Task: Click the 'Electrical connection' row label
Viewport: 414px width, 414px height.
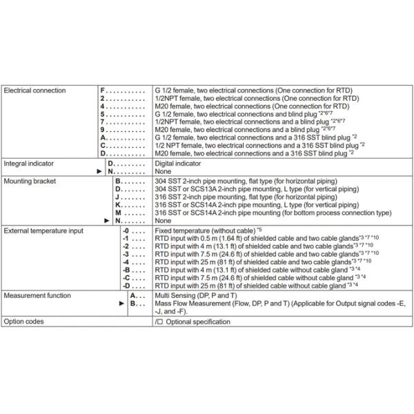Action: pyautogui.click(x=35, y=90)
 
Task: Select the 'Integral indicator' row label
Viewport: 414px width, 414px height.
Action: pyautogui.click(x=29, y=164)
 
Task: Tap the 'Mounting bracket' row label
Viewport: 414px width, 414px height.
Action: pyautogui.click(x=30, y=179)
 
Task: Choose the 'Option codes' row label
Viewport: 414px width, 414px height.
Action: pyautogui.click(x=23, y=321)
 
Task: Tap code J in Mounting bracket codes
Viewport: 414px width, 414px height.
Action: pyautogui.click(x=117, y=197)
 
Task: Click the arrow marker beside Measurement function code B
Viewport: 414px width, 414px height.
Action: pyautogui.click(x=121, y=302)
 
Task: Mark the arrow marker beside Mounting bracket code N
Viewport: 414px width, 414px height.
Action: pyautogui.click(x=106, y=221)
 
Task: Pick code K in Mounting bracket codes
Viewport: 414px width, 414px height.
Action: pyautogui.click(x=117, y=205)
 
